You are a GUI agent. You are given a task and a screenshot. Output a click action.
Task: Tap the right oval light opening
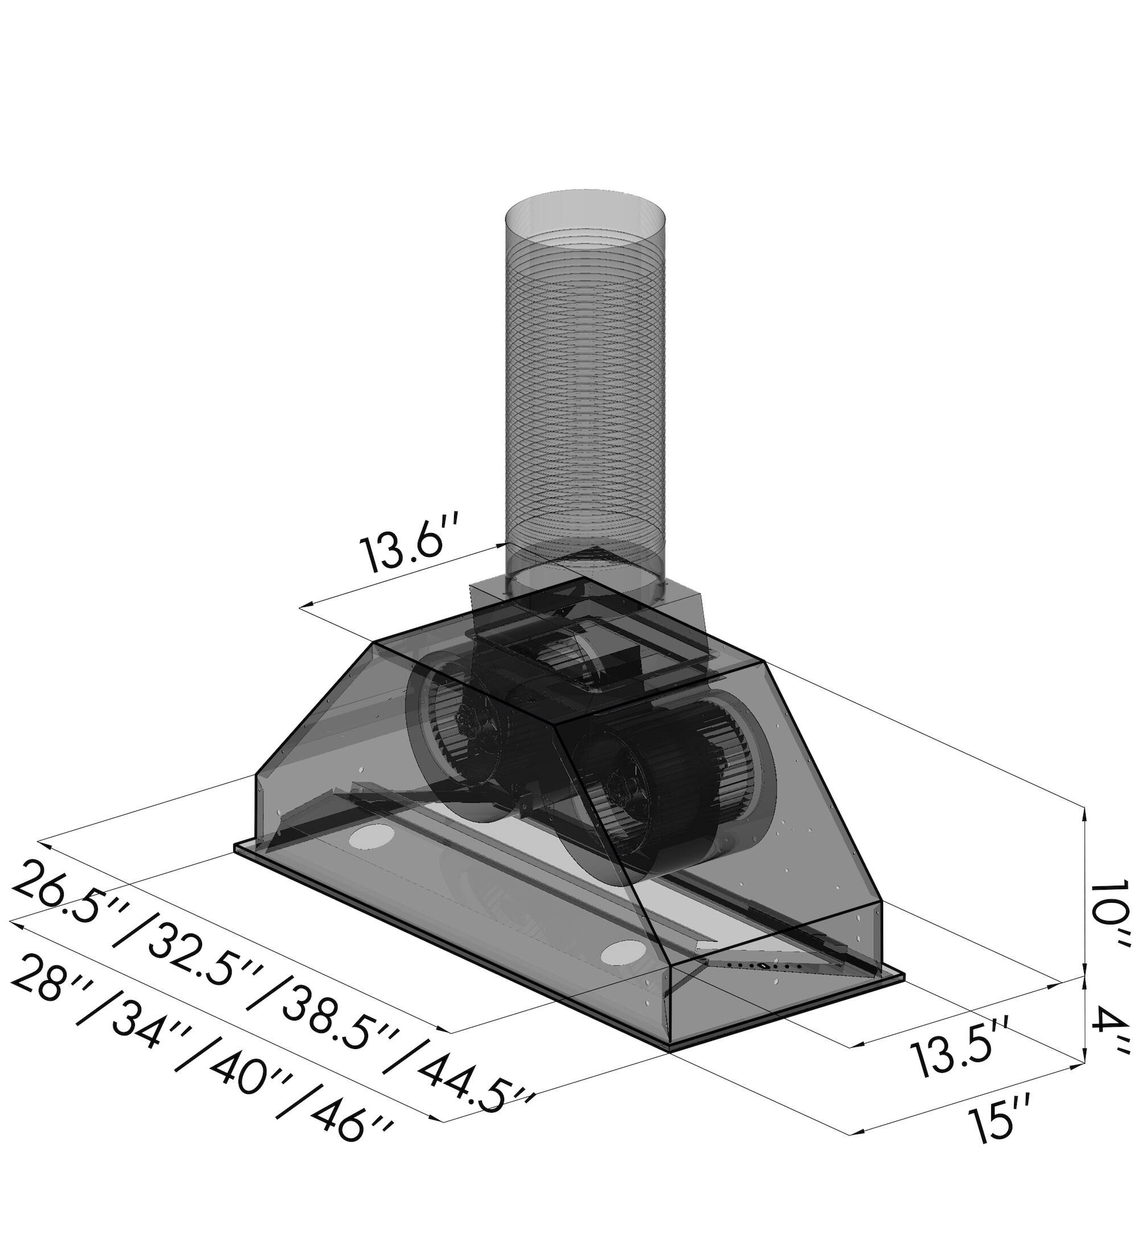point(624,951)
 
